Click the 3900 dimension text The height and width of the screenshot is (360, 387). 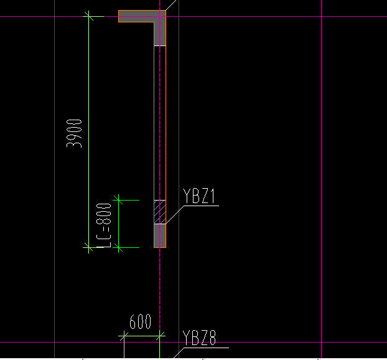[x=75, y=132]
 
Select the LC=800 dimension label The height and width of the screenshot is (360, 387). [x=104, y=225]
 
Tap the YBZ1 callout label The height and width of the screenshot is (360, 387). [x=199, y=197]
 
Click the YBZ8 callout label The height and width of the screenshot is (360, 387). [x=199, y=339]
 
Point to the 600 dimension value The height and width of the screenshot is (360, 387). [x=140, y=323]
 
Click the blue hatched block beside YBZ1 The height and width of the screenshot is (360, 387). [x=160, y=212]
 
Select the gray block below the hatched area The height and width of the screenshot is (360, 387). [x=160, y=236]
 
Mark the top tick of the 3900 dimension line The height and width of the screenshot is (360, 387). [x=90, y=17]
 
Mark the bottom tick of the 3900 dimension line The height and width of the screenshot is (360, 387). [x=90, y=247]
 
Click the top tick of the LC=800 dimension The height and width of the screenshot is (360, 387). [x=119, y=201]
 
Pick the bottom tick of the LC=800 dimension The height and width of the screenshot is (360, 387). [x=119, y=247]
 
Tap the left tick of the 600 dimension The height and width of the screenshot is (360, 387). [x=123, y=337]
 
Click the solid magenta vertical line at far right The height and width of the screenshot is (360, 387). [x=321, y=187]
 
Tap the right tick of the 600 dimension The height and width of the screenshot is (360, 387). [x=161, y=337]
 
